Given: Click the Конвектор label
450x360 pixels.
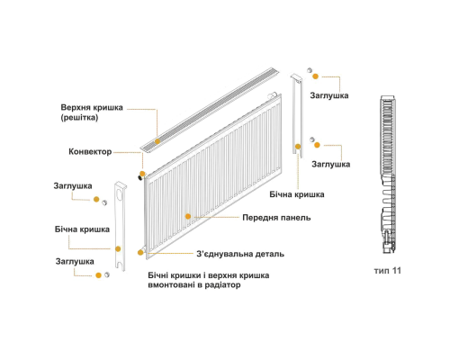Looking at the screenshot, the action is pyautogui.click(x=90, y=152).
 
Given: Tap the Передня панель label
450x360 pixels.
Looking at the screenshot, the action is pyautogui.click(x=276, y=218).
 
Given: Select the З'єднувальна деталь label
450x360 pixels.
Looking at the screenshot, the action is pyautogui.click(x=240, y=254).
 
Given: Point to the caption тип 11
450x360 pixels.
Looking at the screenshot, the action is pyautogui.click(x=387, y=271).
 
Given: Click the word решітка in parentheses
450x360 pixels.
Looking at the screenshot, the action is pyautogui.click(x=79, y=118).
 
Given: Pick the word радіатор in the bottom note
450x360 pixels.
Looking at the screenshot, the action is pyautogui.click(x=222, y=284).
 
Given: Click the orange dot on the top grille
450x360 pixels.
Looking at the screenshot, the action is pyautogui.click(x=157, y=141).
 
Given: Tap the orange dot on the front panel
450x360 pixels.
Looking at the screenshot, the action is pyautogui.click(x=188, y=216).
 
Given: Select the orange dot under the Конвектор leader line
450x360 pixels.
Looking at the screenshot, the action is pyautogui.click(x=142, y=174).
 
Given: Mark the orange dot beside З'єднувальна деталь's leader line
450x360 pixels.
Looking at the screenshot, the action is pyautogui.click(x=140, y=253).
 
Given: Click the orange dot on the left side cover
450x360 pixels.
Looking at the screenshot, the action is pyautogui.click(x=118, y=249).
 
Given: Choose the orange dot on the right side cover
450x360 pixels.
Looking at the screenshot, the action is pyautogui.click(x=298, y=147).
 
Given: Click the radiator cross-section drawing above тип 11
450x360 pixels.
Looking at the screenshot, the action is pyautogui.click(x=388, y=175).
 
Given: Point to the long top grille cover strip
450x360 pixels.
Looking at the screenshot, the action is pyautogui.click(x=210, y=109).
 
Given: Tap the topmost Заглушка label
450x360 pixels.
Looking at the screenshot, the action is pyautogui.click(x=329, y=95).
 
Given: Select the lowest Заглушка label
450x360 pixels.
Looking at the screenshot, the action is pyautogui.click(x=75, y=262).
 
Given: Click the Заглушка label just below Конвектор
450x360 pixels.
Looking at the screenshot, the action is pyautogui.click(x=73, y=186).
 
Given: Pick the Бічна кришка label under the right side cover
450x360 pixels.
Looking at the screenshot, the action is pyautogui.click(x=297, y=194).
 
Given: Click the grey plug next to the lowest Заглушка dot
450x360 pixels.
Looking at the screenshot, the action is pyautogui.click(x=107, y=274).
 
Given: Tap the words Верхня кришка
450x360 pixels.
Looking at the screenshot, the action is pyautogui.click(x=92, y=107).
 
